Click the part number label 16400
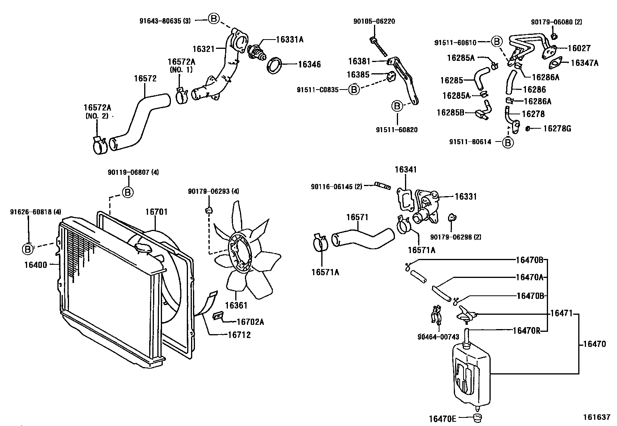click(x=35, y=265)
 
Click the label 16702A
click(x=250, y=322)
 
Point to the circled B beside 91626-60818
click(x=28, y=249)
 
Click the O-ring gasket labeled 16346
click(x=274, y=65)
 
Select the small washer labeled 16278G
click(x=528, y=128)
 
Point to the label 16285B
click(x=450, y=112)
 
